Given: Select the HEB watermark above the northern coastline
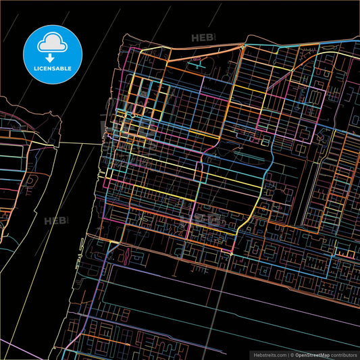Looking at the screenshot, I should pyautogui.click(x=202, y=38).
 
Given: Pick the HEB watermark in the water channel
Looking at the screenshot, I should pyautogui.click(x=56, y=221).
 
